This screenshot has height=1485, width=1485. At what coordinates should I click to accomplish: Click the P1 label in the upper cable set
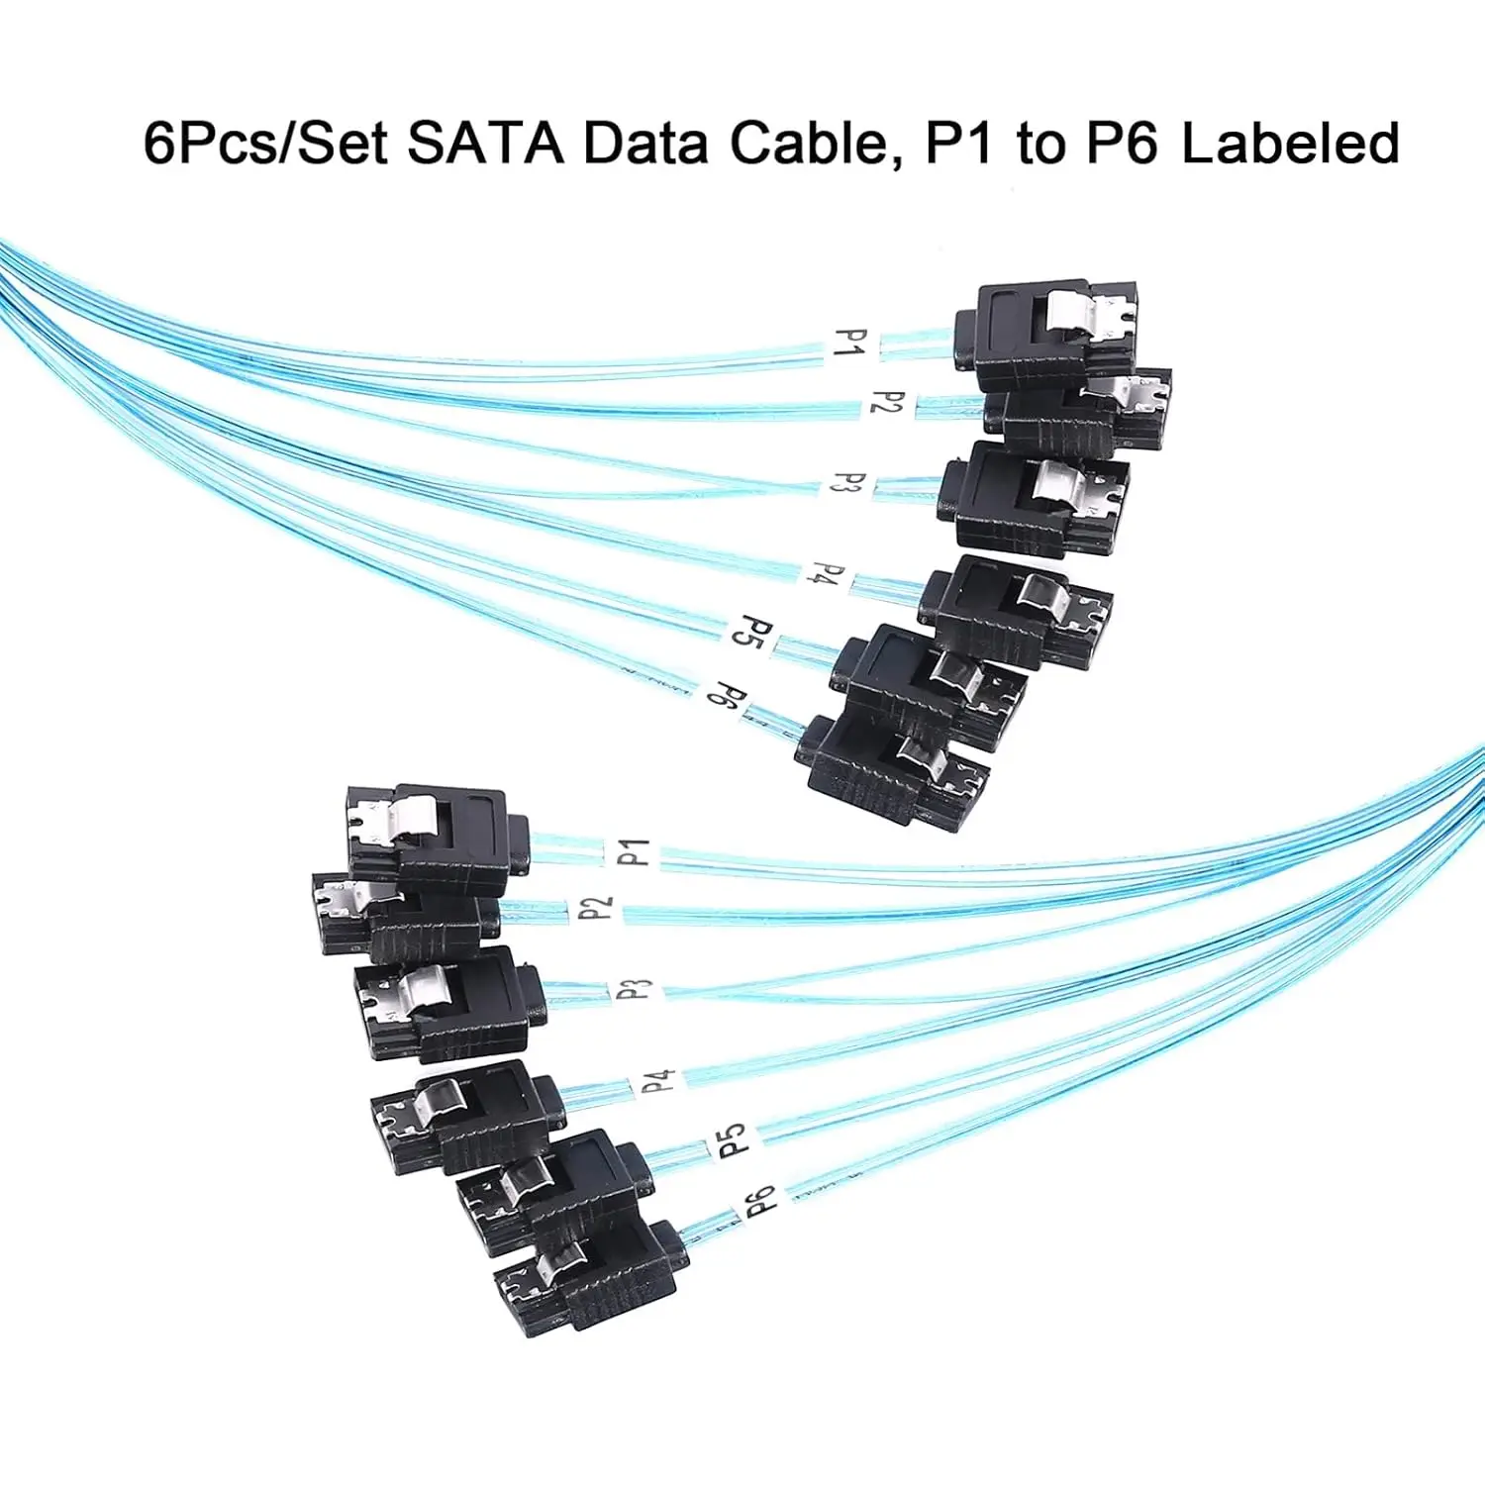click(850, 344)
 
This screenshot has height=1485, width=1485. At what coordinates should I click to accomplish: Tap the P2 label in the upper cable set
click(887, 403)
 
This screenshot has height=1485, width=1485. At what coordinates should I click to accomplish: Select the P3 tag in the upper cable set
click(848, 484)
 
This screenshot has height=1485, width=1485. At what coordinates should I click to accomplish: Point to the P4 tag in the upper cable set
click(828, 574)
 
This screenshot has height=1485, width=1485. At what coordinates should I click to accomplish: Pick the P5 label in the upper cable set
click(752, 631)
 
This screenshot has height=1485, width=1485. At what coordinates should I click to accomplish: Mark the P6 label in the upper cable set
click(726, 696)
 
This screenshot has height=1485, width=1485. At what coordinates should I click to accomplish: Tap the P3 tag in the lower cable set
click(635, 989)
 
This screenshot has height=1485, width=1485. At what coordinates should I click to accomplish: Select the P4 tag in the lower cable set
click(658, 1081)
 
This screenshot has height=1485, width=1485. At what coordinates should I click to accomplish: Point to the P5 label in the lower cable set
click(732, 1140)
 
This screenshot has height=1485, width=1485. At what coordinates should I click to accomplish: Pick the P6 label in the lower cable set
click(759, 1202)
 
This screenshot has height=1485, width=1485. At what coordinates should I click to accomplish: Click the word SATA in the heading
click(485, 143)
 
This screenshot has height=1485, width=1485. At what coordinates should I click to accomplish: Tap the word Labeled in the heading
click(1290, 143)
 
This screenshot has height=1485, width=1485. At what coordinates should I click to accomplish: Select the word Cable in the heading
click(807, 143)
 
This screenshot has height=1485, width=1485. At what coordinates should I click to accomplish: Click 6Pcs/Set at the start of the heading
click(265, 143)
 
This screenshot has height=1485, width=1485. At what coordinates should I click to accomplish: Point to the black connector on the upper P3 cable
click(1035, 498)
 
